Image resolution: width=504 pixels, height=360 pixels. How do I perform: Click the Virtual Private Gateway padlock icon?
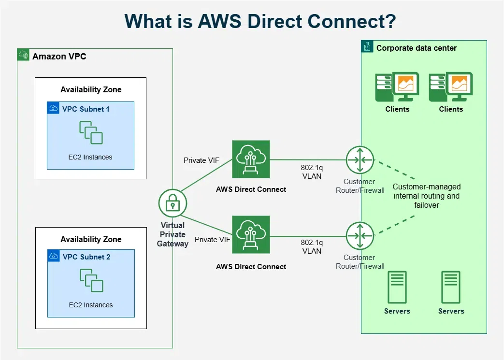[x=173, y=204]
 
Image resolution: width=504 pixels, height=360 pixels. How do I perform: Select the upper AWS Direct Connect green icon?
[x=251, y=159]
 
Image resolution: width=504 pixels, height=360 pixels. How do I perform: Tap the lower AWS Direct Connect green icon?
[x=251, y=235]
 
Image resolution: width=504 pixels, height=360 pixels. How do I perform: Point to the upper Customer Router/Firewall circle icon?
[x=360, y=160]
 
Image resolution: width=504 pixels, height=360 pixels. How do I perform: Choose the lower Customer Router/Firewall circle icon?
[x=360, y=235]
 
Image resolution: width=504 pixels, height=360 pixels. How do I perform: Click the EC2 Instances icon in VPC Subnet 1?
[x=91, y=132]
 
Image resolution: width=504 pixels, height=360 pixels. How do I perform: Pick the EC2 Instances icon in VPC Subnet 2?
[x=91, y=280]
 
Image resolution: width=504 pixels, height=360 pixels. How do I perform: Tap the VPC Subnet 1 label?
[x=86, y=109]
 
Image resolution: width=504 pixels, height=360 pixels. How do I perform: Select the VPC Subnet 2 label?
[x=86, y=257]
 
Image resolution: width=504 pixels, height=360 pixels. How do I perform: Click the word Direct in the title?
[x=263, y=22]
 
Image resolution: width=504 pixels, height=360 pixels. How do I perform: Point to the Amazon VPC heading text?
[x=59, y=57]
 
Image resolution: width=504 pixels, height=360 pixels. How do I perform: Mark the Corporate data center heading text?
[x=416, y=48]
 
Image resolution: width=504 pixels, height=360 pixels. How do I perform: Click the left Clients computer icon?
[x=397, y=87]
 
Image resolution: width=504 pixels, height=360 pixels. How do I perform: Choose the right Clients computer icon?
[x=450, y=87]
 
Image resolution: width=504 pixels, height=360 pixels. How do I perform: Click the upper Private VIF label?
[x=202, y=160]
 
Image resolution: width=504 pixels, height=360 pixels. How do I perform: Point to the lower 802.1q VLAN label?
[x=312, y=247]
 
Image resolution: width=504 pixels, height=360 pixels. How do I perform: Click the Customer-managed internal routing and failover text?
[x=426, y=196]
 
